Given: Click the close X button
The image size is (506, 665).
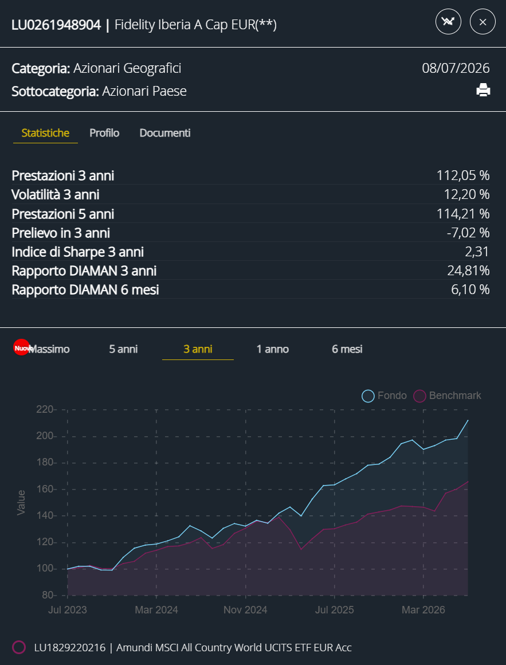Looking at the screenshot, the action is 483,22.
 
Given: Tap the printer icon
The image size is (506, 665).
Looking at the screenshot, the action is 483,91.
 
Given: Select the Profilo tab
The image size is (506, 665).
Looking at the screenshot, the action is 104,133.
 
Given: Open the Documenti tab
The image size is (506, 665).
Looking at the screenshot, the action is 165,133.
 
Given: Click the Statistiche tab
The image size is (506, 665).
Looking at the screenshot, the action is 45,133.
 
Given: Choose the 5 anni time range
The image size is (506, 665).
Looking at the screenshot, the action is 123,349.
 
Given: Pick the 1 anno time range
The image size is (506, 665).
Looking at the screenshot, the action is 273,349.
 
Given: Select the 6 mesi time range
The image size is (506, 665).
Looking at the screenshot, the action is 347,349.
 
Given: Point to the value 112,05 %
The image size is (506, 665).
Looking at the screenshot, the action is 463,175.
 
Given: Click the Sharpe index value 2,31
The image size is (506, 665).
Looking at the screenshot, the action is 477,252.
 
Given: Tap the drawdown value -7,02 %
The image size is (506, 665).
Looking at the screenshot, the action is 468,232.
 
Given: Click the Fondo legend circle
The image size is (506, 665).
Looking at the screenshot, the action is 368,396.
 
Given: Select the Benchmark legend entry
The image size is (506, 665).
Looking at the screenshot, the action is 448,396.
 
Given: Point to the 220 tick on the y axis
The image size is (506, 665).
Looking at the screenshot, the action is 45,410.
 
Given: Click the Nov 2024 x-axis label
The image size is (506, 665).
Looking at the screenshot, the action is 245,610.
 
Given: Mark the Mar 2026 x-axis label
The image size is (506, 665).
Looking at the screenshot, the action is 423,610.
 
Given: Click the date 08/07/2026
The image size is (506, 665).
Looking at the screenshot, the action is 456,68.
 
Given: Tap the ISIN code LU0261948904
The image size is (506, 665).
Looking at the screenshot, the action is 56,25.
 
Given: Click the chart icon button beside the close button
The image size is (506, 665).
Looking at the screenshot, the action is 448,22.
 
